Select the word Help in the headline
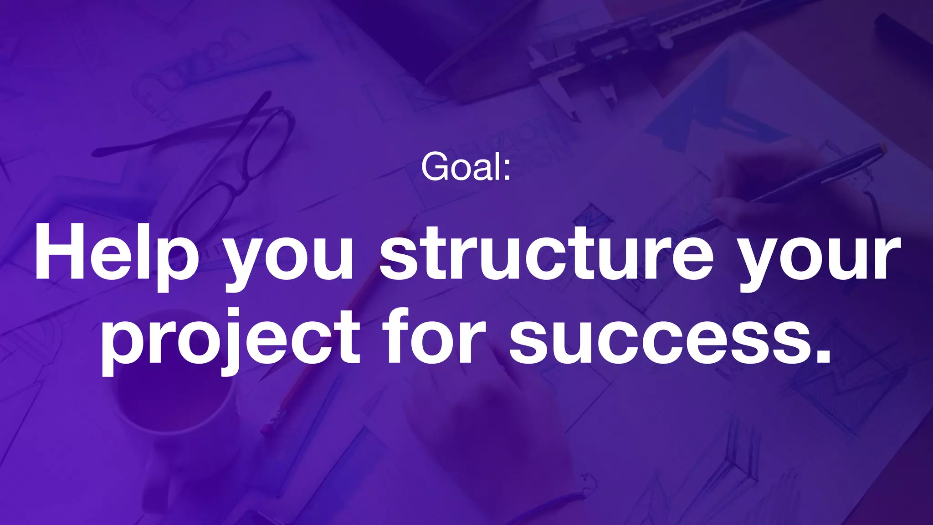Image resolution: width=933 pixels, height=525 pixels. click(x=117, y=253)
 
